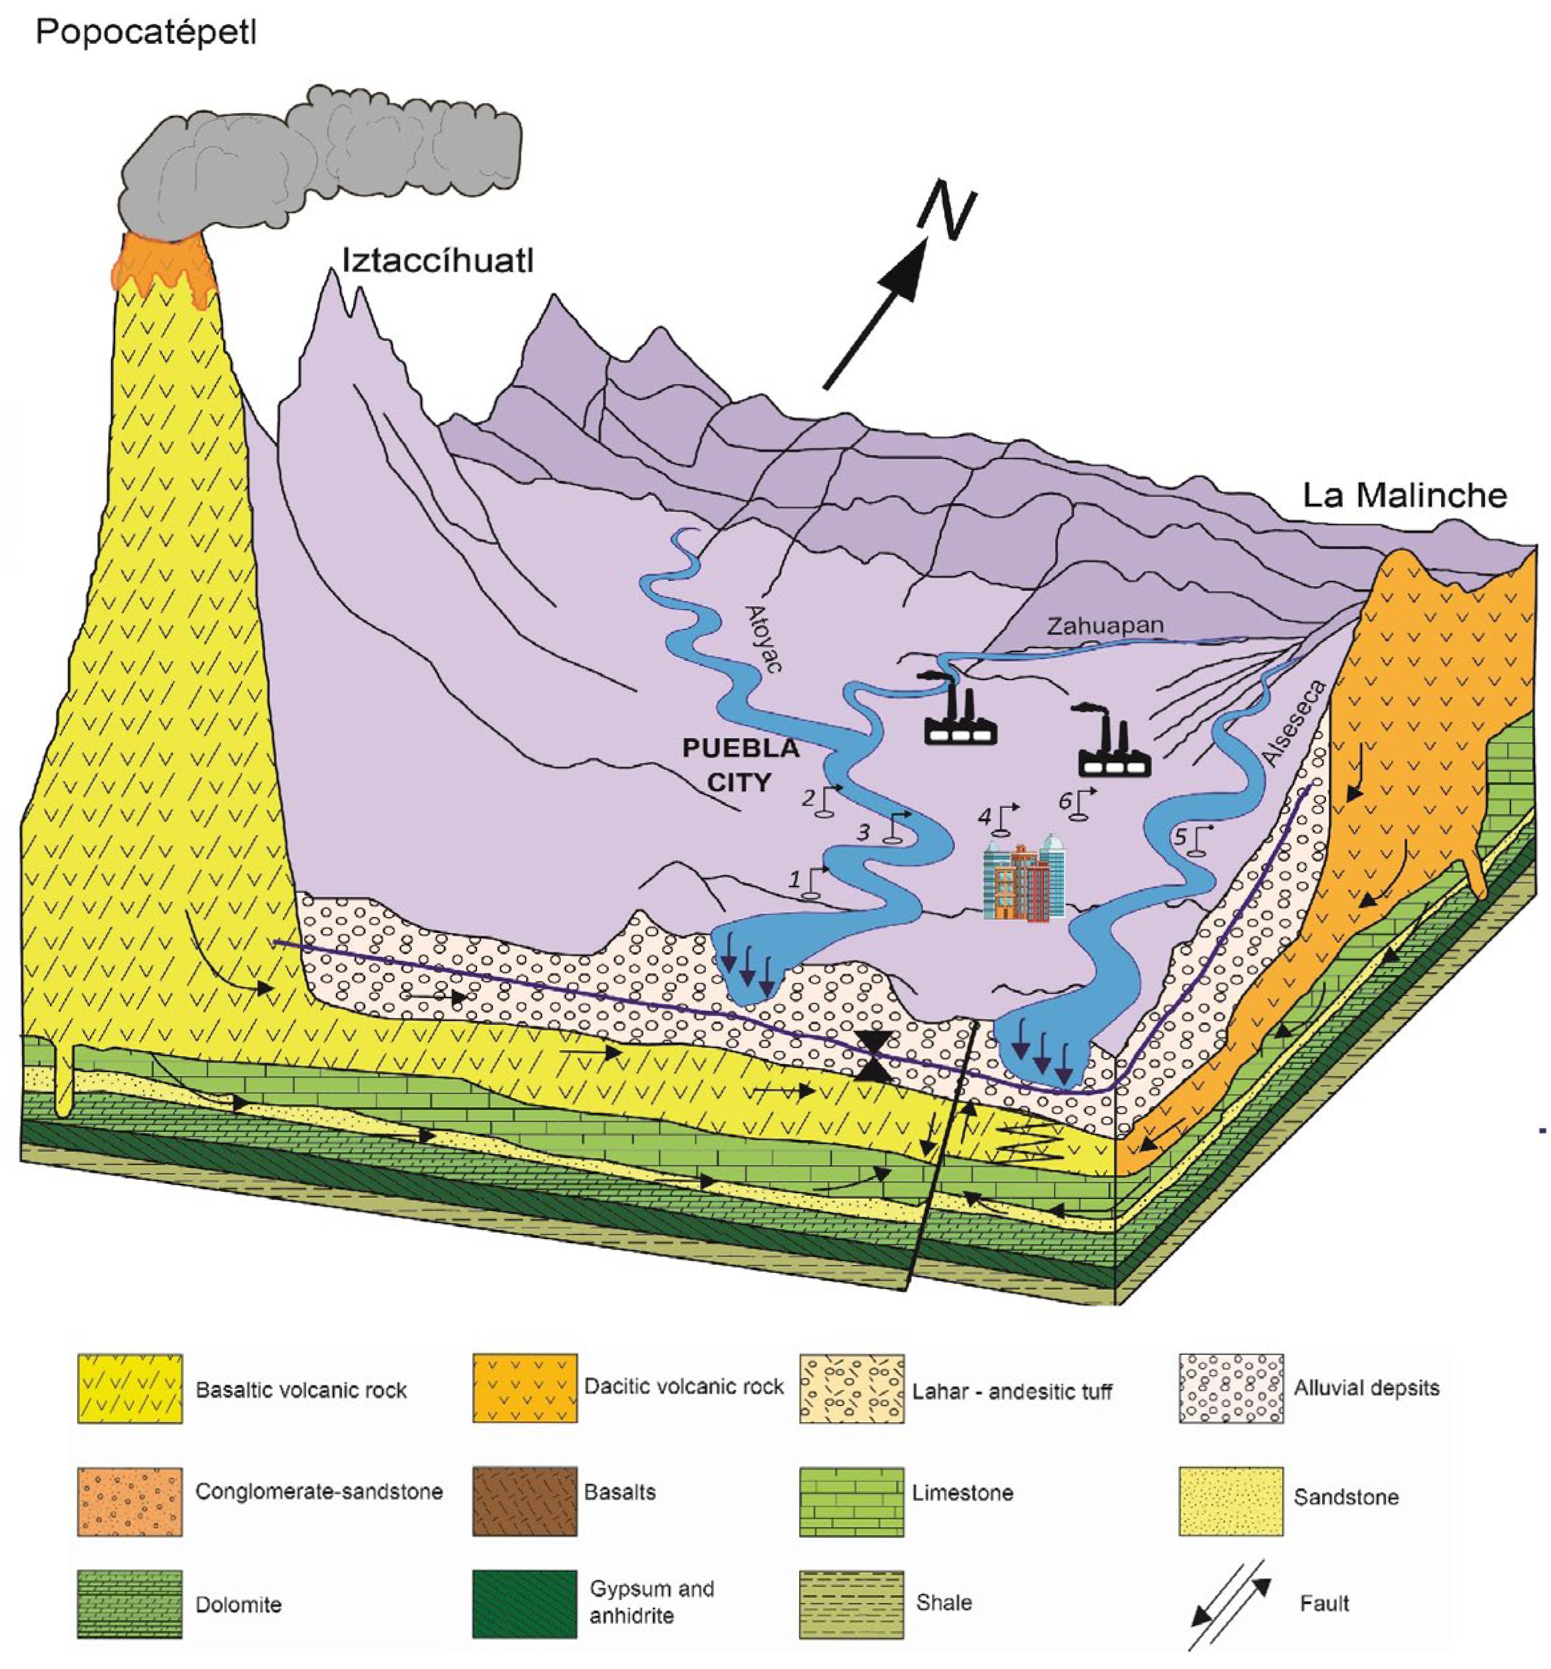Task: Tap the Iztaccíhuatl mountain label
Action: tap(437, 261)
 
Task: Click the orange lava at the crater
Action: tap(162, 267)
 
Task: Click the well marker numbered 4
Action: tap(1001, 818)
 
